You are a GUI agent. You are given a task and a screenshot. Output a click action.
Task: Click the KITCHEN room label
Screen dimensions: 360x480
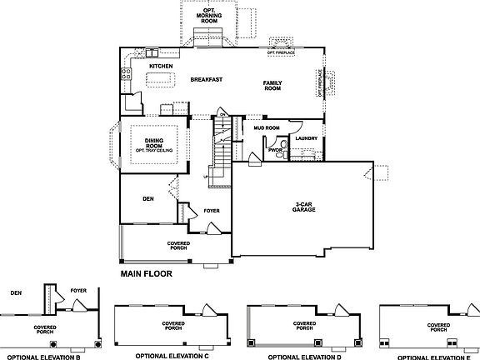coord(161,66)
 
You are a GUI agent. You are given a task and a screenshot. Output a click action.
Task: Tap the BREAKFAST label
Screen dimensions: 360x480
coord(206,79)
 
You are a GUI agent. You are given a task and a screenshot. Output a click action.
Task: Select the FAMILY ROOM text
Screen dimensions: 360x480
coord(273,85)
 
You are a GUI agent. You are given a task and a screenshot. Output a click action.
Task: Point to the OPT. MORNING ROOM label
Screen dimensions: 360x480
coord(208,17)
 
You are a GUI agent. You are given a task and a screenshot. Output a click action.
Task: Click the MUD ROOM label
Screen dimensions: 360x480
coord(266,128)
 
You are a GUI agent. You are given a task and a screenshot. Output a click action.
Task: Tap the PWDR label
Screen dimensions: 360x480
coord(275,151)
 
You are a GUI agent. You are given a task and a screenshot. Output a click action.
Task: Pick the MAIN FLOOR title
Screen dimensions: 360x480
coord(145,272)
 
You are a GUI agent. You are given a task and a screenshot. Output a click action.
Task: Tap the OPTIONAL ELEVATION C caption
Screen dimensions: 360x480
coord(172,355)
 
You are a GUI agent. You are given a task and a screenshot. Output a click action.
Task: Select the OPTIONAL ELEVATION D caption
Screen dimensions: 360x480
coord(305,355)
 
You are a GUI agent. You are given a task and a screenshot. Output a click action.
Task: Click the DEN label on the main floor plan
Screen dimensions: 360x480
coord(149,198)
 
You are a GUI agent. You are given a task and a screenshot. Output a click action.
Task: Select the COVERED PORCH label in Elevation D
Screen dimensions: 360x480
coord(303,326)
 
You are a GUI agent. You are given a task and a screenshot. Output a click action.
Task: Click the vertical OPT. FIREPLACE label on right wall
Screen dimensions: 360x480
coord(319,83)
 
